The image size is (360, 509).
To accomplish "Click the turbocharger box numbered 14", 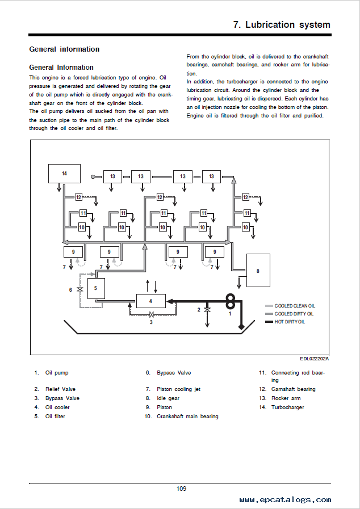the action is pos(64,174).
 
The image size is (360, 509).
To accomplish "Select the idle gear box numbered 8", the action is pos(258,271).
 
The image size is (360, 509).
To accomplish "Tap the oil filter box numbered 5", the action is pos(96,288).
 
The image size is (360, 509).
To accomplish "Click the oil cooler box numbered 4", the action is pos(151,301).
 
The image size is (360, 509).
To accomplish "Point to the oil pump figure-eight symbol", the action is pos(231,301).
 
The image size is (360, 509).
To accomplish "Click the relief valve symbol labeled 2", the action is pos(207,310).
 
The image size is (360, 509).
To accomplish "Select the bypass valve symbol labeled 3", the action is pos(151,314).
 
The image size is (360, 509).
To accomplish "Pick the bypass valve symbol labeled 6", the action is pos(80,289).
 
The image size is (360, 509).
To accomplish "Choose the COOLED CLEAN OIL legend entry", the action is pos(290,306).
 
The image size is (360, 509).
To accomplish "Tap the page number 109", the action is pos(181,489).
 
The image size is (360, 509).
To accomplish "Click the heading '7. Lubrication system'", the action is pos(282,24).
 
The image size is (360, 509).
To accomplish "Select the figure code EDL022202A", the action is pos(314,359).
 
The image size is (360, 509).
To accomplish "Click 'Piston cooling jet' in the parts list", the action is pos(178,389).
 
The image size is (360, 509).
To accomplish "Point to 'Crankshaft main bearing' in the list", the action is pos(187,416).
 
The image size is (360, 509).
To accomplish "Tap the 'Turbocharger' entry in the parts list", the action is pos(287,407).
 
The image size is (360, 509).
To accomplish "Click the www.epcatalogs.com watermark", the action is pos(285,499).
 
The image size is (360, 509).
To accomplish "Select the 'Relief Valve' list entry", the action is pos(60,389).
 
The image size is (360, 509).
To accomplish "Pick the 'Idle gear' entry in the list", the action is pos(168,398).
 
